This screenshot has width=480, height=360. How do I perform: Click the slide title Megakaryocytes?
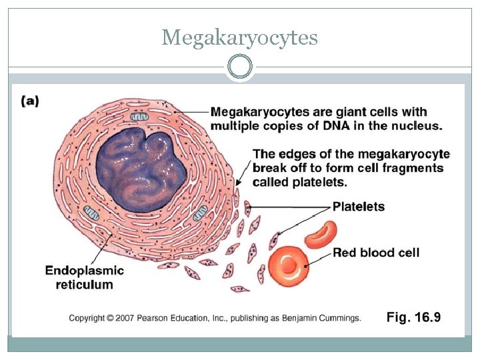[239, 38]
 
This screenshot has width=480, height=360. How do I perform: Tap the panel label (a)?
[30, 101]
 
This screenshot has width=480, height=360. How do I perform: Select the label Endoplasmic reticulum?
[85, 277]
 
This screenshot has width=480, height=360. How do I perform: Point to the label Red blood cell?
[376, 253]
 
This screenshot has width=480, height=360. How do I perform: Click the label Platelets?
[359, 207]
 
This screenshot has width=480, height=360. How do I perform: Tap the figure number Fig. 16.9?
[413, 317]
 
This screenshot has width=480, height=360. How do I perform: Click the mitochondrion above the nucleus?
[139, 118]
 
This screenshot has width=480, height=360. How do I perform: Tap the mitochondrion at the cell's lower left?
[91, 213]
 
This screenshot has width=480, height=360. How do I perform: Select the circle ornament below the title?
[239, 67]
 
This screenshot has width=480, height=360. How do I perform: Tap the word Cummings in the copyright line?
[340, 318]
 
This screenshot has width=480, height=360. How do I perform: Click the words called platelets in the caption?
[299, 182]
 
